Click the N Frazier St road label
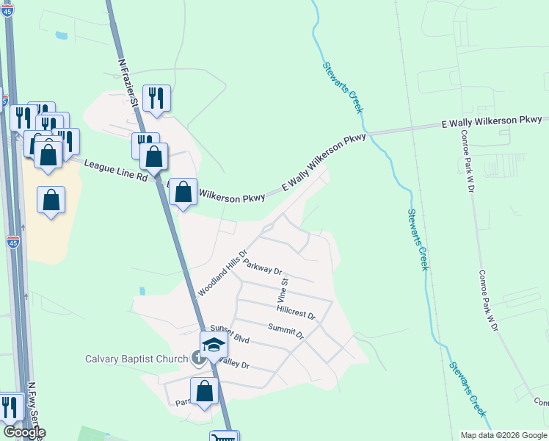(x=129, y=80)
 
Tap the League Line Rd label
(x=115, y=171)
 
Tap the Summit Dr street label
(x=286, y=331)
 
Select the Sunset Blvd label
(x=230, y=333)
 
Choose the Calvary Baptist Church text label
(x=137, y=359)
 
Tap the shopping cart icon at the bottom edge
(x=224, y=437)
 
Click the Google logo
(x=24, y=432)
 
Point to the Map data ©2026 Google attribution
(x=503, y=434)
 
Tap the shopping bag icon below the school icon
(x=205, y=391)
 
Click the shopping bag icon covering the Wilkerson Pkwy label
(x=183, y=192)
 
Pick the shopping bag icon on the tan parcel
(x=51, y=200)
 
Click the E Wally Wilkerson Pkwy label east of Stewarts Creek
(x=492, y=121)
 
